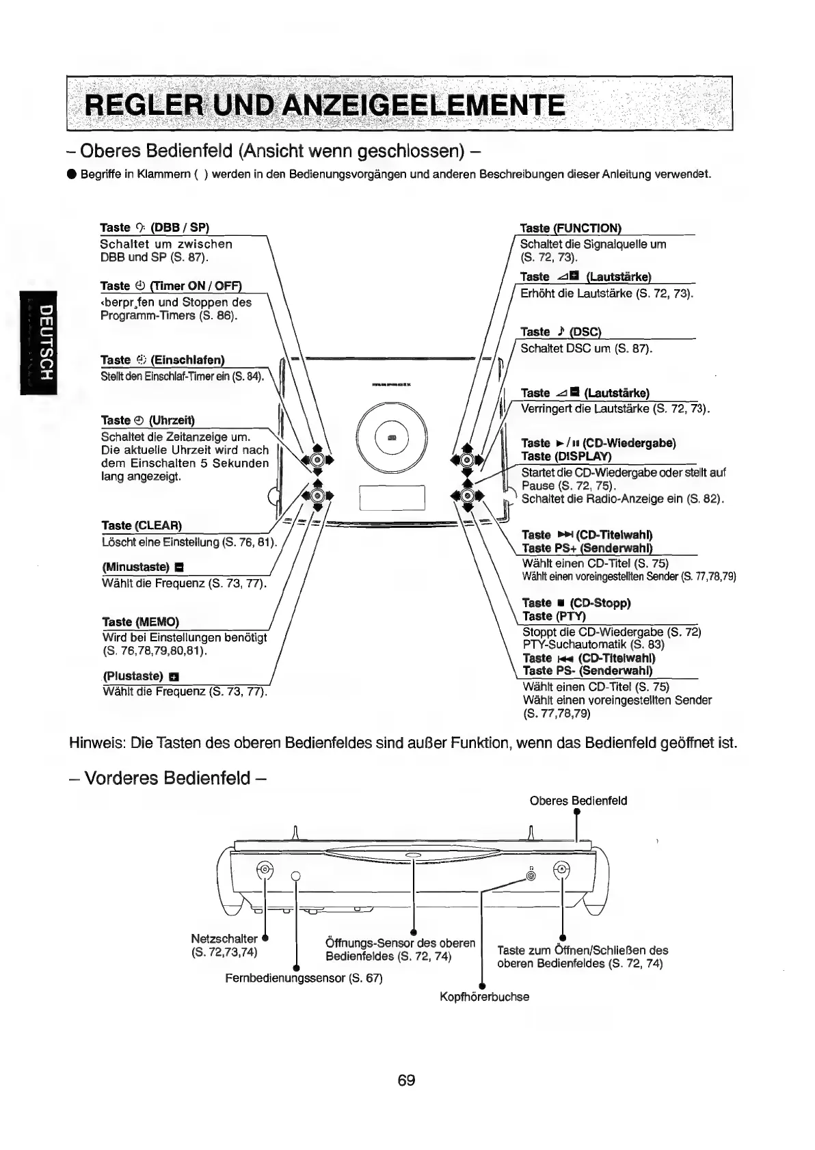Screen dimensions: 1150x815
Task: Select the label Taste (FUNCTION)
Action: pyautogui.click(x=570, y=228)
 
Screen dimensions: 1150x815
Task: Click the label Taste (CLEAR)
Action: pyautogui.click(x=142, y=526)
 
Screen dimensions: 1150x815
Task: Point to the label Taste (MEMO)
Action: pyautogui.click(x=140, y=621)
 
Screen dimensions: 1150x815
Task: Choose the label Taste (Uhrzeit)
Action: pyautogui.click(x=148, y=420)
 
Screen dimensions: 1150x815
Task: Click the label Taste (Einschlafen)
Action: pyautogui.click(x=162, y=360)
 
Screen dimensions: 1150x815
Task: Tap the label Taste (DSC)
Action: pyautogui.click(x=560, y=332)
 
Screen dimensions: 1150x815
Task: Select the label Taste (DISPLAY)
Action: pyautogui.click(x=557, y=456)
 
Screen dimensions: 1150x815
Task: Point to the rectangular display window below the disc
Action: pyautogui.click(x=392, y=498)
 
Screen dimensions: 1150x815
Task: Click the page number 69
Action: pyautogui.click(x=406, y=1080)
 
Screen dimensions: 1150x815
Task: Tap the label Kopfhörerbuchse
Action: pyautogui.click(x=484, y=997)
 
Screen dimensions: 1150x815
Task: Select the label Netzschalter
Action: pyautogui.click(x=224, y=939)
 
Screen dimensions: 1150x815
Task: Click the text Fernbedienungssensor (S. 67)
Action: pyautogui.click(x=304, y=978)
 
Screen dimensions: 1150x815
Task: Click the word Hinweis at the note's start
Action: pyautogui.click(x=96, y=743)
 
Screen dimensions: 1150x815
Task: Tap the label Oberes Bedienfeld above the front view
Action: pyautogui.click(x=578, y=801)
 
